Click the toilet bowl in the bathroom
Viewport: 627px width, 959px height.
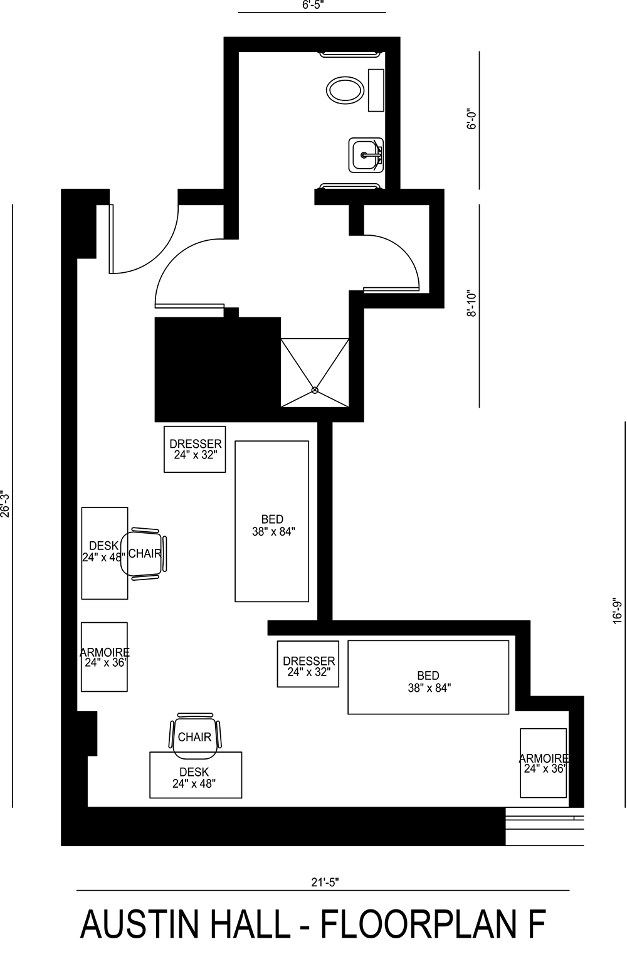(x=344, y=90)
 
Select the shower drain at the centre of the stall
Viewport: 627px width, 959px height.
(x=315, y=390)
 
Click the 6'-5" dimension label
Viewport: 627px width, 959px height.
(x=312, y=5)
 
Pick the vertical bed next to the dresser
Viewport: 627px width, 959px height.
(x=271, y=521)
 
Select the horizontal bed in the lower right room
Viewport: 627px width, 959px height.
(x=428, y=677)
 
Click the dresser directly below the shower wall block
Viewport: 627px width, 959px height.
(x=195, y=449)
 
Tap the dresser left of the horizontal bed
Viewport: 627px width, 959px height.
(x=308, y=664)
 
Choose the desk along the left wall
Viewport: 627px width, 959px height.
(x=103, y=553)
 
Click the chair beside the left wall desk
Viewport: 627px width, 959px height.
(x=146, y=553)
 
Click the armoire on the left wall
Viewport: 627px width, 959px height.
(x=105, y=657)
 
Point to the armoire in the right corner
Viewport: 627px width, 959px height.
(x=544, y=763)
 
